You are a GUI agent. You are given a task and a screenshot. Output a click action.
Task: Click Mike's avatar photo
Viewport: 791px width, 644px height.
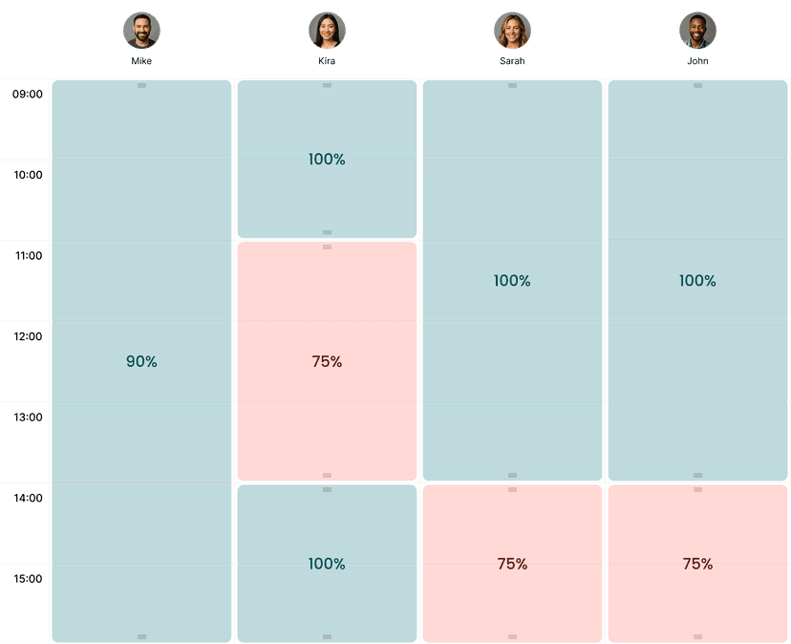pyautogui.click(x=141, y=31)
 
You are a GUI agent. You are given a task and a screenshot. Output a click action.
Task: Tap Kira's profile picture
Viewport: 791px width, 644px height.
pyautogui.click(x=327, y=31)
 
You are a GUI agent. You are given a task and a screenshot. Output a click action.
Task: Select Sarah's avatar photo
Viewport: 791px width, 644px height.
pyautogui.click(x=512, y=31)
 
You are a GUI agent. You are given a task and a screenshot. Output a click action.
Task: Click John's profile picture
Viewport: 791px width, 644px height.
pyautogui.click(x=697, y=31)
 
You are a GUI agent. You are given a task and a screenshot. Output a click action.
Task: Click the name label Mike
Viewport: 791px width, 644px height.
pyautogui.click(x=141, y=61)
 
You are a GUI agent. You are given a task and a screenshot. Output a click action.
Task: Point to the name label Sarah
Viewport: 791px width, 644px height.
pyautogui.click(x=512, y=61)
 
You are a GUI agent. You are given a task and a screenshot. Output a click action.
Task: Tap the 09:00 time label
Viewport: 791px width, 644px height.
pyautogui.click(x=28, y=95)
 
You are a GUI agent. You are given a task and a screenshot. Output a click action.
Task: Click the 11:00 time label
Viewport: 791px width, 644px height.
pyautogui.click(x=28, y=256)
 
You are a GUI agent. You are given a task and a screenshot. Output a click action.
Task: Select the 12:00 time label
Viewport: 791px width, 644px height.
pyautogui.click(x=28, y=336)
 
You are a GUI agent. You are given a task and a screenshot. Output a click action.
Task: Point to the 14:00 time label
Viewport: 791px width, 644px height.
pyautogui.click(x=28, y=498)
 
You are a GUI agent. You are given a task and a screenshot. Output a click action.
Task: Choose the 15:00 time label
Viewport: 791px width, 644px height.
pyautogui.click(x=28, y=578)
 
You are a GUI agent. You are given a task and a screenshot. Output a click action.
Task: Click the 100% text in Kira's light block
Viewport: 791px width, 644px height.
pyautogui.click(x=327, y=160)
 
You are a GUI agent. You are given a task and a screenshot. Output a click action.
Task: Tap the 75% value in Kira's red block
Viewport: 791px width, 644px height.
pyautogui.click(x=327, y=361)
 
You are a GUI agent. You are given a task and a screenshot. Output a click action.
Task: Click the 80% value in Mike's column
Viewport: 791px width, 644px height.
pyautogui.click(x=141, y=361)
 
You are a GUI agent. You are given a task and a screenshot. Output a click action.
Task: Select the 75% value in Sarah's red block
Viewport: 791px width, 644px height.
pyautogui.click(x=512, y=564)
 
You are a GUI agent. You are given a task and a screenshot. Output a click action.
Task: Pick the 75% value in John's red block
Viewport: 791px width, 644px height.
pyautogui.click(x=697, y=564)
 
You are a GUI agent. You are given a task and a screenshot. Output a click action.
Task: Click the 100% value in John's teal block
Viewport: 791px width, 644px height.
pyautogui.click(x=697, y=281)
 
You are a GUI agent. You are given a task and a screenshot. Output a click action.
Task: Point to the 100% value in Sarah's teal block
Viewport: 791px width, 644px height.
pyautogui.click(x=512, y=281)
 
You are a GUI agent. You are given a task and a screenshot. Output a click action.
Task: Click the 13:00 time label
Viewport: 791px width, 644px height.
pyautogui.click(x=28, y=417)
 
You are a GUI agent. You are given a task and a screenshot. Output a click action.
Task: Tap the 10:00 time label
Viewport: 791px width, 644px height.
pyautogui.click(x=28, y=175)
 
